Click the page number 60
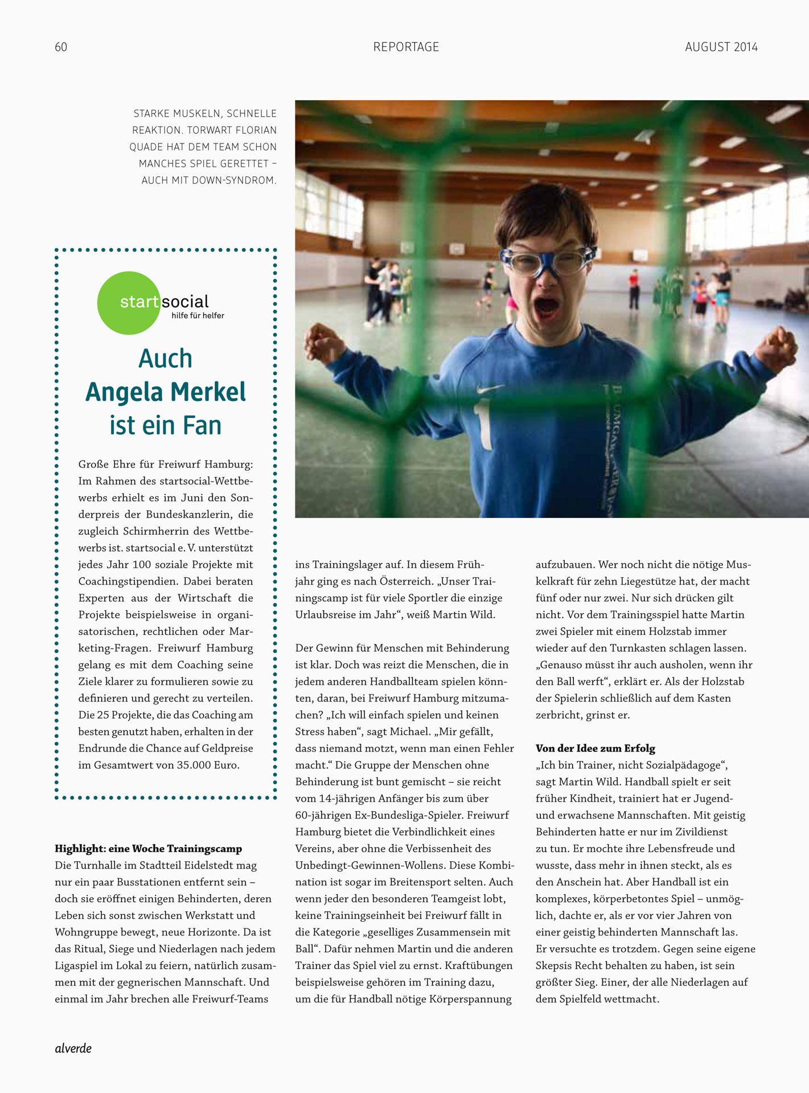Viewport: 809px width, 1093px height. [61, 47]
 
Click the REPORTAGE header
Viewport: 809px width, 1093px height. [406, 47]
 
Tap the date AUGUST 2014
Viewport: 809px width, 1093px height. [721, 47]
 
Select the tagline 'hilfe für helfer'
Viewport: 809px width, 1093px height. [198, 316]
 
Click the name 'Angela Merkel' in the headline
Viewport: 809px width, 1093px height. [165, 392]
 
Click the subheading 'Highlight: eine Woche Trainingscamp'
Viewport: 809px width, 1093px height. [148, 849]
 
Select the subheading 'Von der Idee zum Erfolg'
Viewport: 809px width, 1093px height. [595, 749]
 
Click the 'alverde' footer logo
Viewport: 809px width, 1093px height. [73, 1048]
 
